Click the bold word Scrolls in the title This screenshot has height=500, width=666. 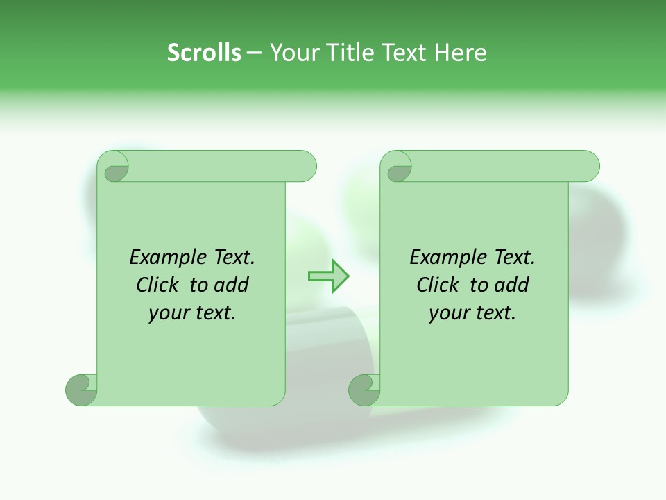point(204,53)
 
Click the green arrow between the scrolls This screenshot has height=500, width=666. point(328,276)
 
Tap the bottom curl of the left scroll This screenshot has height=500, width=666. point(81,390)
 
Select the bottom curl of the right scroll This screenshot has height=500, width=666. point(364,390)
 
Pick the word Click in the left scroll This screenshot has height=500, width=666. point(159,285)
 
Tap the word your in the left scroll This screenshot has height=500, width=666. point(167,314)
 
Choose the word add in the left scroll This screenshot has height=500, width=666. point(231,285)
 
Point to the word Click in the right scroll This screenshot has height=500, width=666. point(439,285)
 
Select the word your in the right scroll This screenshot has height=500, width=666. point(447,314)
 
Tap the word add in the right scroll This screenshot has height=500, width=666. point(511,285)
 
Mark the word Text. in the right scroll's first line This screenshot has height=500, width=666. point(513,258)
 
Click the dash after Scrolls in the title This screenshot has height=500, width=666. point(253,53)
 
